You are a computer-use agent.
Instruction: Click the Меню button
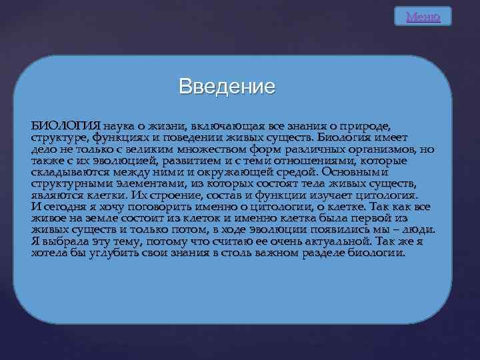[423, 17]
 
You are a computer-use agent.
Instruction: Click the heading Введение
[227, 87]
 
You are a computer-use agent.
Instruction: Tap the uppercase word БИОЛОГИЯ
[65, 126]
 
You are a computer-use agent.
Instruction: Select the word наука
[122, 126]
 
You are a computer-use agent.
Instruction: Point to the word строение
[189, 195]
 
